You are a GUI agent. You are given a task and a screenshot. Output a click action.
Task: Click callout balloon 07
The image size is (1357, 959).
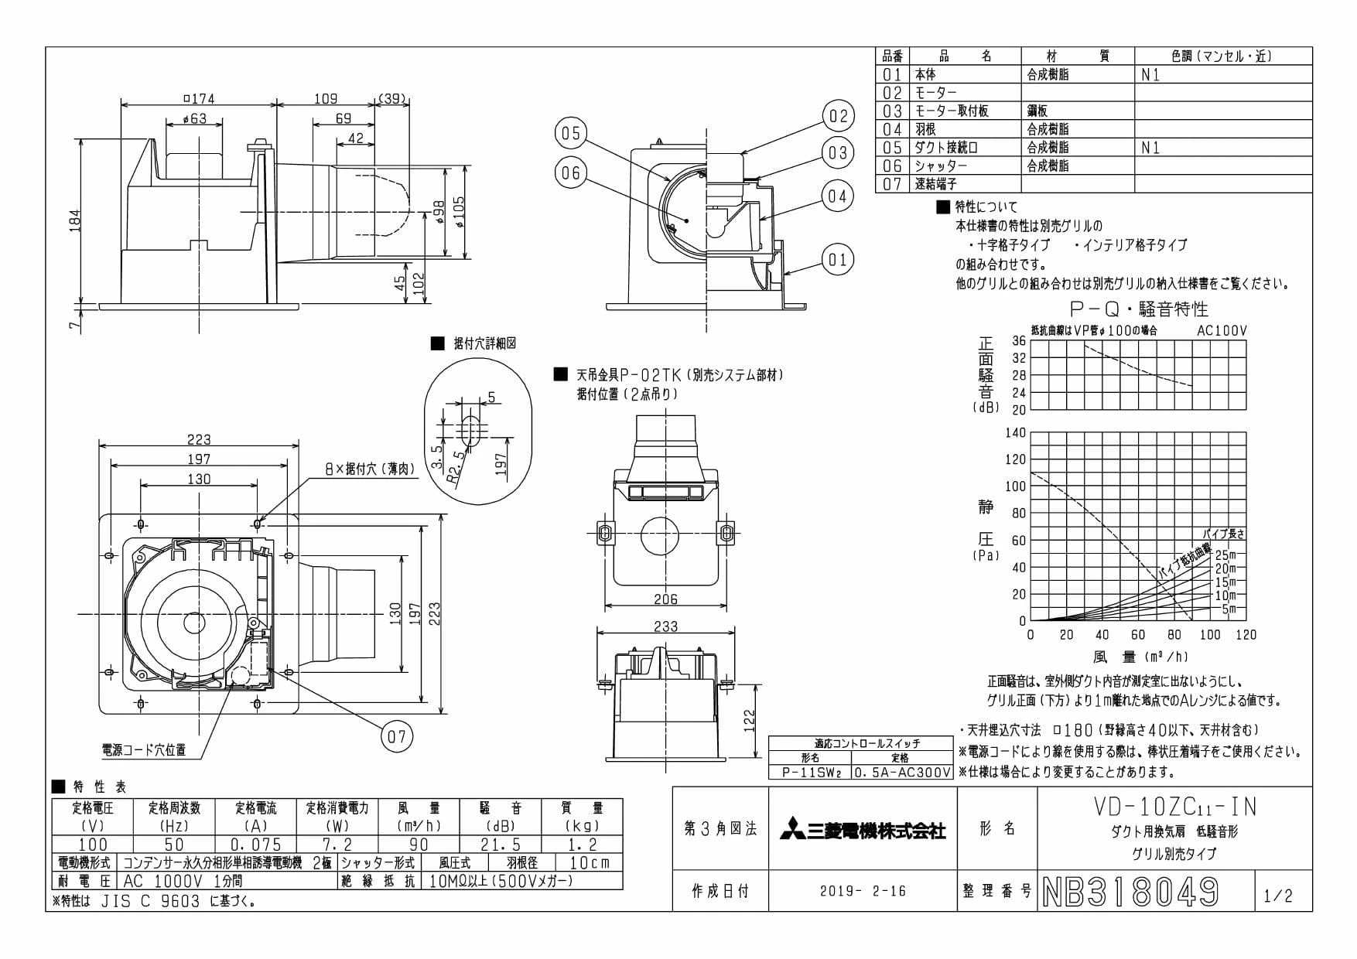[396, 735]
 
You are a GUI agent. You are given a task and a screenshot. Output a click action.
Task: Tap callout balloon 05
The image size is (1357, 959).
[571, 134]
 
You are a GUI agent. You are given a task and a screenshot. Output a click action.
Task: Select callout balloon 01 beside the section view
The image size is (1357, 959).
[838, 260]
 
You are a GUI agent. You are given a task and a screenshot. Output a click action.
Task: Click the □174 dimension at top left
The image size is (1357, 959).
[199, 98]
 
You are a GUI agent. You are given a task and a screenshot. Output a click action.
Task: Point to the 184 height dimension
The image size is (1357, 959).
[75, 220]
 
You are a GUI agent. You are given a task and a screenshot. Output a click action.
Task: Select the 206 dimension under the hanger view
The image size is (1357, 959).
[665, 599]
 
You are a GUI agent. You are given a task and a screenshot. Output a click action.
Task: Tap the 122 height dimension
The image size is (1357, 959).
[749, 721]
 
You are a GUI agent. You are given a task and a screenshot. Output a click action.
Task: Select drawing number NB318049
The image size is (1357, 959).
[1130, 892]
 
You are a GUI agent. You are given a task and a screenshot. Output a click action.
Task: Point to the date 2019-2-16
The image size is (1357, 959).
[863, 891]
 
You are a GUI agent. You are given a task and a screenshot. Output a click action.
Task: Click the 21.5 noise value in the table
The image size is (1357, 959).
[501, 845]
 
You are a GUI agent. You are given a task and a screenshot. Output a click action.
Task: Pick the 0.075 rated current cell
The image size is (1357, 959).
[256, 845]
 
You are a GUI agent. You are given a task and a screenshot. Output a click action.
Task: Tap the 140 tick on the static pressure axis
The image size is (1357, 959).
[1016, 433]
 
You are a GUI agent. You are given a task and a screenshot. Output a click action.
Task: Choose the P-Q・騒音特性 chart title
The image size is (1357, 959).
[1139, 309]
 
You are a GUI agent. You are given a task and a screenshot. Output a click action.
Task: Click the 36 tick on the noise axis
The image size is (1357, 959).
[1019, 341]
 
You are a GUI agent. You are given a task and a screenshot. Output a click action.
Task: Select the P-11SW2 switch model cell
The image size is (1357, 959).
[810, 772]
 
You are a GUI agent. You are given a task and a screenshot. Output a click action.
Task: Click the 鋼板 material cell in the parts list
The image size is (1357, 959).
[1037, 111]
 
